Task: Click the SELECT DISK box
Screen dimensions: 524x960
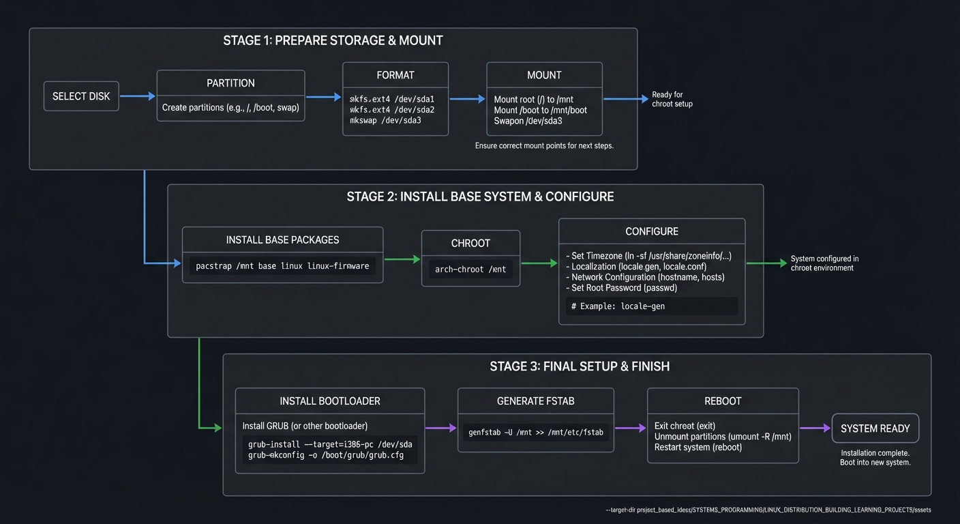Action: click(81, 96)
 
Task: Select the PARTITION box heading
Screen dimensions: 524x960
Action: click(230, 83)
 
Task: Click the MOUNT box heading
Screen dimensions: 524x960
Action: click(544, 75)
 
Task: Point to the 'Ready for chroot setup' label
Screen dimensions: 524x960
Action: click(672, 100)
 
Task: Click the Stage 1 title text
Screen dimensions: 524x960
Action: click(333, 41)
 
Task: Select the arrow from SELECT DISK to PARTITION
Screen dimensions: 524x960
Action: click(138, 96)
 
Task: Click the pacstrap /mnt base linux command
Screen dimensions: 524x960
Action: click(282, 266)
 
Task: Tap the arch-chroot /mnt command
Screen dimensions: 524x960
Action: click(470, 270)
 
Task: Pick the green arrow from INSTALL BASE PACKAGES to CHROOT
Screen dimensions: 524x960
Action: click(402, 259)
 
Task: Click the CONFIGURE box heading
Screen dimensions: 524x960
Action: click(652, 231)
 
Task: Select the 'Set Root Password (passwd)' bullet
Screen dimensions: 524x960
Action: click(624, 288)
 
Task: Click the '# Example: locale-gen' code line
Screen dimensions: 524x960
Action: click(618, 306)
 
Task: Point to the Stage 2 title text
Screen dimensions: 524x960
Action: click(480, 197)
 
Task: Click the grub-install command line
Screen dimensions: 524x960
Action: click(330, 444)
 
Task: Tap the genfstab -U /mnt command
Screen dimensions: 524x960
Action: click(535, 432)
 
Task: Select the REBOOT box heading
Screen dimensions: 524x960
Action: click(723, 401)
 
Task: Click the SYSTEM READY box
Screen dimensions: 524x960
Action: click(875, 428)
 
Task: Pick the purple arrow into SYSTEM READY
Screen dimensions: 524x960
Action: click(815, 428)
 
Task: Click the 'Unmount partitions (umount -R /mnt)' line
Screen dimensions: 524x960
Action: click(723, 437)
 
